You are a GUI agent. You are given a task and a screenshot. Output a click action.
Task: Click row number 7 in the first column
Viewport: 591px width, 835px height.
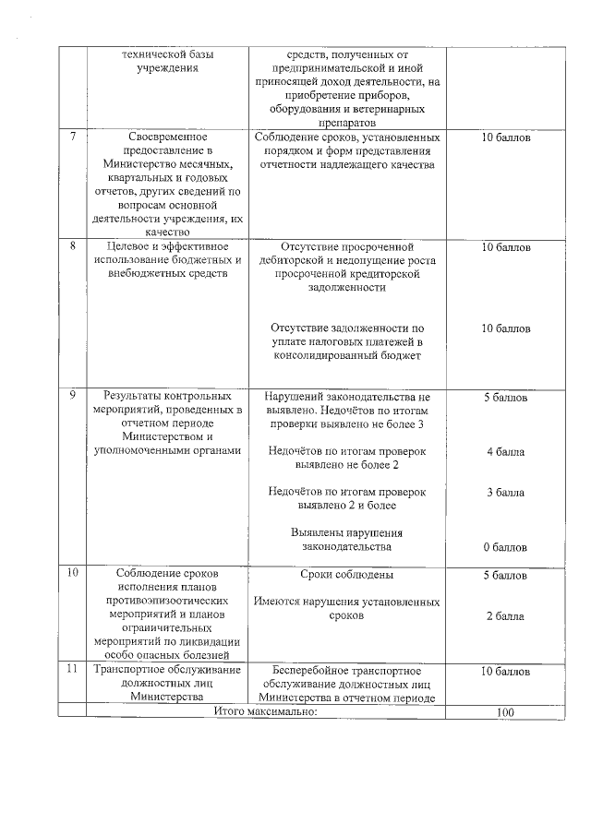(73, 137)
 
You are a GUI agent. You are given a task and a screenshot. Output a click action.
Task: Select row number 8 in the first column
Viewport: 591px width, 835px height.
(73, 247)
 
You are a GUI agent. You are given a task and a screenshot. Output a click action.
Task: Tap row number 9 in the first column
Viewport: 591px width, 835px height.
(73, 396)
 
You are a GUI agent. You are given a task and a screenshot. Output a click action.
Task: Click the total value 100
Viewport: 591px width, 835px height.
(504, 712)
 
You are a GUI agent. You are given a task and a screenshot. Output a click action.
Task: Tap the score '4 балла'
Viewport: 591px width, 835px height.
(505, 452)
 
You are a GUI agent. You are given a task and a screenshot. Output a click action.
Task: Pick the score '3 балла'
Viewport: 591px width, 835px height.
(505, 493)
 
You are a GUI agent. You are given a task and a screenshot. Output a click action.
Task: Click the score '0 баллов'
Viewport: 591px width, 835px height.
(505, 547)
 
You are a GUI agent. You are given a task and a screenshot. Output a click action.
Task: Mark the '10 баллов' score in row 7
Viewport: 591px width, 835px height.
(505, 137)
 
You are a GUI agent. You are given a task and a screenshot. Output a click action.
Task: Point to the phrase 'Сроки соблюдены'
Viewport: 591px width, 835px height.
(347, 575)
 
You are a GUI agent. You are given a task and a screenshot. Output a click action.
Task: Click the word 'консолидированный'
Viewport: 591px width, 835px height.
(345, 355)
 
